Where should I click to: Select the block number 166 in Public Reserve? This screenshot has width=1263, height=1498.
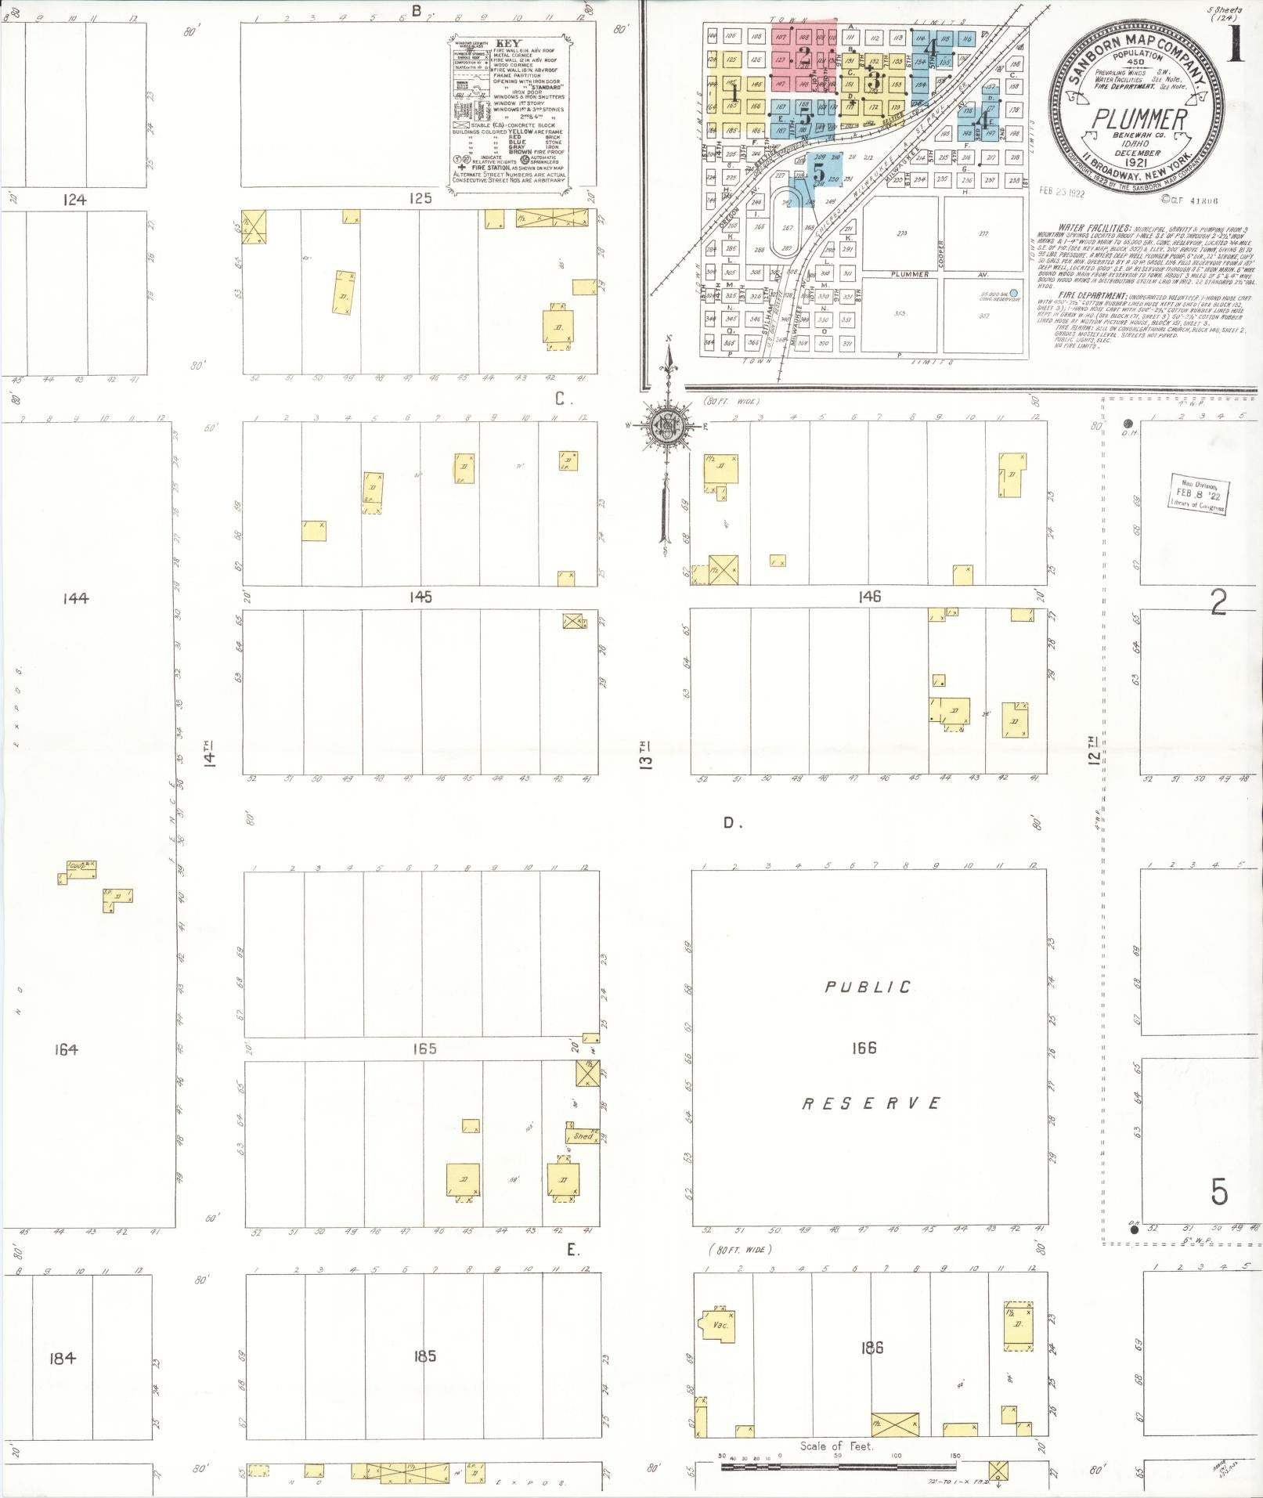click(x=864, y=1048)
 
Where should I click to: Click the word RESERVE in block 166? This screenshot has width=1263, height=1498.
click(x=871, y=1103)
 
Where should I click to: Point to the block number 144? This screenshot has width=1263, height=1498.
click(x=76, y=598)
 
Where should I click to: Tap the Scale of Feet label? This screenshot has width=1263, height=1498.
click(x=836, y=1446)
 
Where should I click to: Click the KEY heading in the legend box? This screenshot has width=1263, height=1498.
click(x=508, y=44)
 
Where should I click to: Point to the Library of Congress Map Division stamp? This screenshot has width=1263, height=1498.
click(x=1198, y=494)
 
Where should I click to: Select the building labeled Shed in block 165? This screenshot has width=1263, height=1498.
click(x=583, y=1135)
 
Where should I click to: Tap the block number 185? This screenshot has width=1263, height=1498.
click(x=424, y=1355)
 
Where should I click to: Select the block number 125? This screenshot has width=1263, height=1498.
click(x=420, y=198)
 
